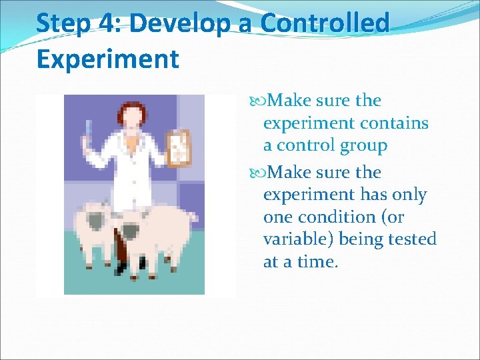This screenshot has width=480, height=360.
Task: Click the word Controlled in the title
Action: point(325,23)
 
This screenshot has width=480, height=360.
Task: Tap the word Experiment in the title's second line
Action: point(107,59)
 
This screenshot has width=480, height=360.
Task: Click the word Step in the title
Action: point(63,23)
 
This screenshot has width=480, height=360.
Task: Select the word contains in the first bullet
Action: point(394,123)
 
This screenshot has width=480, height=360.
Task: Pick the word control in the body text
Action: point(308,145)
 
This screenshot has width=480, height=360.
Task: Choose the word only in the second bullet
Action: point(405,195)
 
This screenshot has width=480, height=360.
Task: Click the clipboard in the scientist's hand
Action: point(178,146)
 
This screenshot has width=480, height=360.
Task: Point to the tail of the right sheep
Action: point(194,217)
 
